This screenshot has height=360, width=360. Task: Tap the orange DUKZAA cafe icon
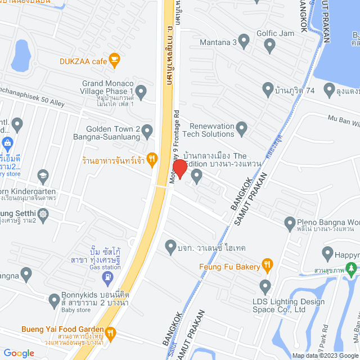(115, 58)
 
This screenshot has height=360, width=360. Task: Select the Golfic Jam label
(276, 34)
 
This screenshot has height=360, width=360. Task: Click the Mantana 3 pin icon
(244, 41)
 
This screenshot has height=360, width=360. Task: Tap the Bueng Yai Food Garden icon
(111, 332)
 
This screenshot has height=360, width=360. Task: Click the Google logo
(19, 353)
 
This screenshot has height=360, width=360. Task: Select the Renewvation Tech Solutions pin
(242, 129)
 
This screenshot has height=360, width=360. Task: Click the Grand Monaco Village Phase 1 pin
(141, 91)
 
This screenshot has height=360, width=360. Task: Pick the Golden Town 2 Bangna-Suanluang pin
(147, 133)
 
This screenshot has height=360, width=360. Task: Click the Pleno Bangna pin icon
(290, 222)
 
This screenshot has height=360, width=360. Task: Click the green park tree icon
(353, 271)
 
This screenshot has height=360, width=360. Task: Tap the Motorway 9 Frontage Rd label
(174, 145)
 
